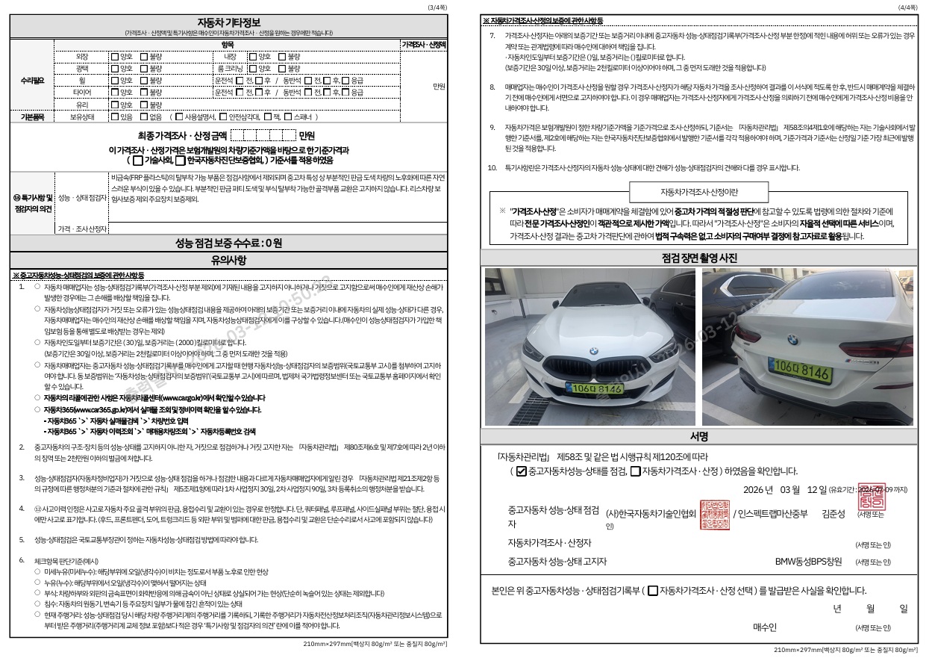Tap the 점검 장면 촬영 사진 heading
[x=699, y=258]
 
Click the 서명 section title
[x=699, y=436]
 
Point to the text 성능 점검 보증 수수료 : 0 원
[x=228, y=243]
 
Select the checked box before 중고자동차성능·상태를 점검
[x=522, y=471]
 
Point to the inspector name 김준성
[x=833, y=514]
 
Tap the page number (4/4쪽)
[x=907, y=7]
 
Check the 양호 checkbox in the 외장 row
[x=114, y=57]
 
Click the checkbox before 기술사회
[x=137, y=160]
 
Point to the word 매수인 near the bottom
[x=765, y=627]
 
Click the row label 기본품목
[x=32, y=117]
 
